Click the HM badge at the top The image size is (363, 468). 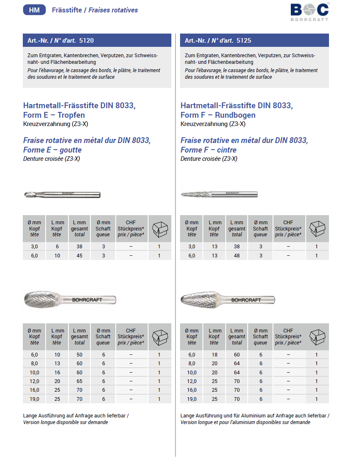[x=34, y=10]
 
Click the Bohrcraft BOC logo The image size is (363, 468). [x=309, y=11]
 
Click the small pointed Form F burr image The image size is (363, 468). [x=199, y=194]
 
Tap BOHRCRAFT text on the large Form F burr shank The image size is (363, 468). [x=246, y=300]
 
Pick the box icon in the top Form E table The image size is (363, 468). [x=160, y=229]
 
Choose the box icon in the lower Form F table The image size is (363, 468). [x=317, y=337]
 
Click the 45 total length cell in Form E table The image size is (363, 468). [x=79, y=256]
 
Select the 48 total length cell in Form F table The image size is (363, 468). [x=237, y=256]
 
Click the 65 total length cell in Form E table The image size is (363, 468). [x=79, y=381]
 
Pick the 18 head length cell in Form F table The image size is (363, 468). [x=214, y=355]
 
